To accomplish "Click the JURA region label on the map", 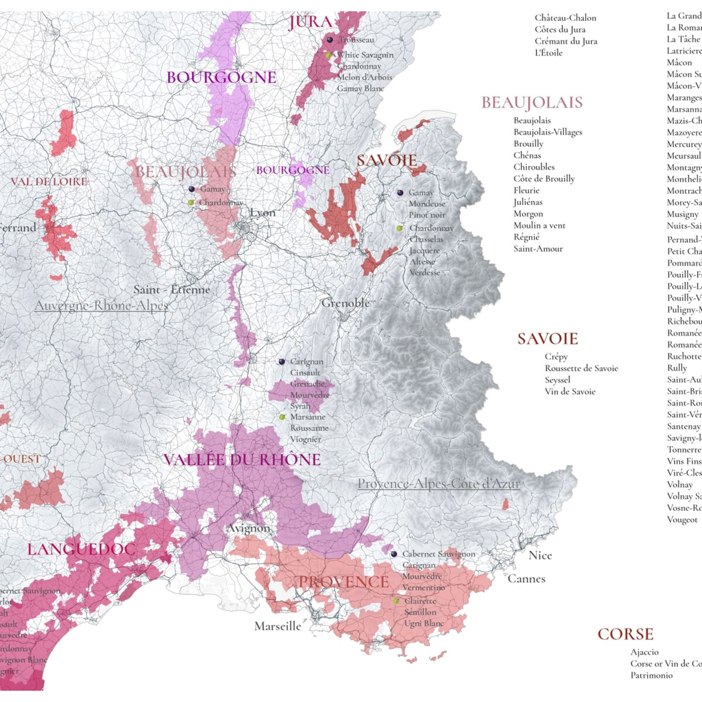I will click(310, 23).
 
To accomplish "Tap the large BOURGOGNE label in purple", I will click(221, 77).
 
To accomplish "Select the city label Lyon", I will click(262, 213).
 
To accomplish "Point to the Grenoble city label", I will click(345, 303).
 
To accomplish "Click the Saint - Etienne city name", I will click(171, 290).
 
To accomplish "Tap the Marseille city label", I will click(278, 626).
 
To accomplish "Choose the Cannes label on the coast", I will click(526, 579).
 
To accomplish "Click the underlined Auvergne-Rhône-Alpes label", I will click(101, 305).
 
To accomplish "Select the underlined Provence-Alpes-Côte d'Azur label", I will click(438, 484).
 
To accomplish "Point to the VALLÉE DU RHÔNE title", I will click(242, 460).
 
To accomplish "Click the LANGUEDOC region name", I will click(81, 549).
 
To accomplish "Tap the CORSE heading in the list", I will click(625, 634).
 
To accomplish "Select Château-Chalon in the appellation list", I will click(565, 18).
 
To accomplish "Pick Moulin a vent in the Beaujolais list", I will click(539, 225).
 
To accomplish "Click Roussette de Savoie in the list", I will click(581, 368).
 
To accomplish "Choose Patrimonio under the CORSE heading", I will click(651, 675).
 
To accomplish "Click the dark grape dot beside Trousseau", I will click(330, 40).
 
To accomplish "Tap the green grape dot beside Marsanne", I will click(282, 417).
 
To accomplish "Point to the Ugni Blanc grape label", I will click(424, 623).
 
